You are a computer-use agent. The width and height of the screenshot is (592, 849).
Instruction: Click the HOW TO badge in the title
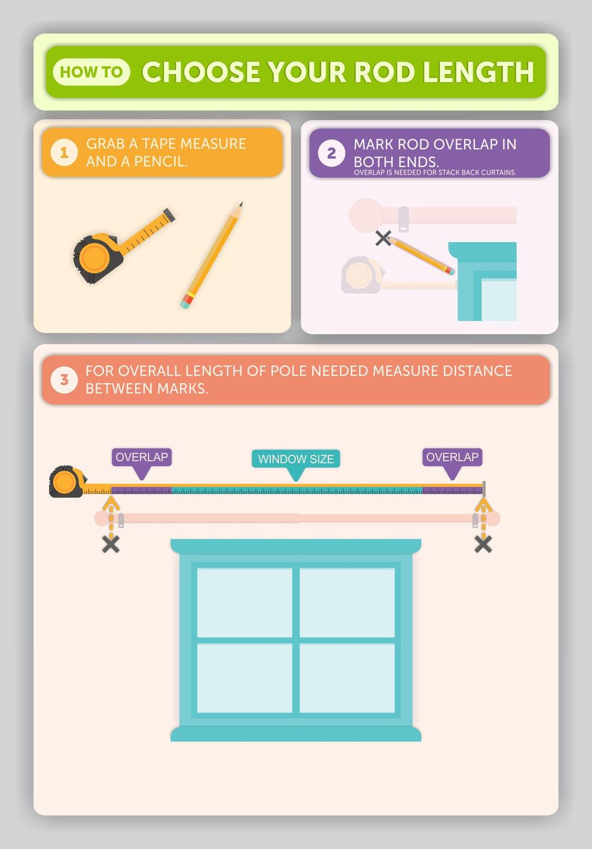tap(91, 72)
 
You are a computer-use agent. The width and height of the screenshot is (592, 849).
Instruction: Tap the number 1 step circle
tap(64, 152)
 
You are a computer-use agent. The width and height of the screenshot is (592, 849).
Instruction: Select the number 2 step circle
tap(332, 153)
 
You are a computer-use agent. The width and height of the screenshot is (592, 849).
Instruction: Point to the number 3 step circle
tap(64, 380)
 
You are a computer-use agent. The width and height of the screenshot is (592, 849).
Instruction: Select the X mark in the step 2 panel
tap(383, 238)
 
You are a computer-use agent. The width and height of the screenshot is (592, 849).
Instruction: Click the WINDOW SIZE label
tap(296, 459)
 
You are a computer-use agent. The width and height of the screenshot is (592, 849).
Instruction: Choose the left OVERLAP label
tap(141, 457)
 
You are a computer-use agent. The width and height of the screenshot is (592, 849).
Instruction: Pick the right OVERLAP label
tap(452, 457)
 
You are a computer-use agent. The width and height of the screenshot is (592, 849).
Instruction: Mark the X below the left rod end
tap(111, 544)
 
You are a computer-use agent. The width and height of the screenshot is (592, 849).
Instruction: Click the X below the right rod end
tap(483, 544)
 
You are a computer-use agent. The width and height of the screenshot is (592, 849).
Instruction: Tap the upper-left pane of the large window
tap(244, 602)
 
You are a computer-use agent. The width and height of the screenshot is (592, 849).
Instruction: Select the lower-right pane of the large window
tap(347, 678)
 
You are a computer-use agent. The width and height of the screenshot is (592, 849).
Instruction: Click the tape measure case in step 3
tap(66, 482)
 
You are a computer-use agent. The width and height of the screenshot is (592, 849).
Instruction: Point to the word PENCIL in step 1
tap(160, 162)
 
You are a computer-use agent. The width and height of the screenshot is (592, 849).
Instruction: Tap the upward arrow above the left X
tap(111, 505)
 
